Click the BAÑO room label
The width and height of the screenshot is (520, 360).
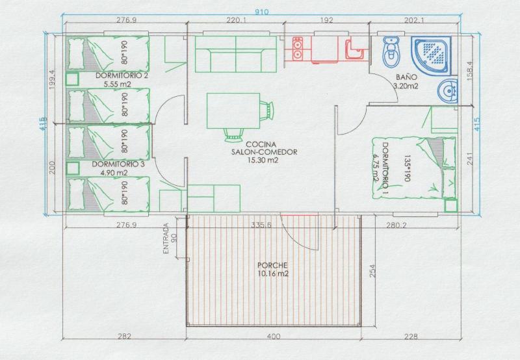click(x=406, y=77)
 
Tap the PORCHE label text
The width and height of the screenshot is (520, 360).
click(x=272, y=265)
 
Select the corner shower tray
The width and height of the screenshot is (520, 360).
click(x=431, y=56)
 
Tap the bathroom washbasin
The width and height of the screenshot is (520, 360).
click(x=448, y=92)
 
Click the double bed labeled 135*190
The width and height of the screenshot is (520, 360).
click(x=406, y=167)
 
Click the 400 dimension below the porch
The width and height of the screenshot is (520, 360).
click(x=274, y=337)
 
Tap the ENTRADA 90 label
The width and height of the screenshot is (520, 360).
click(x=170, y=238)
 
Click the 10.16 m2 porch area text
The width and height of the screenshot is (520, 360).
click(x=272, y=274)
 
